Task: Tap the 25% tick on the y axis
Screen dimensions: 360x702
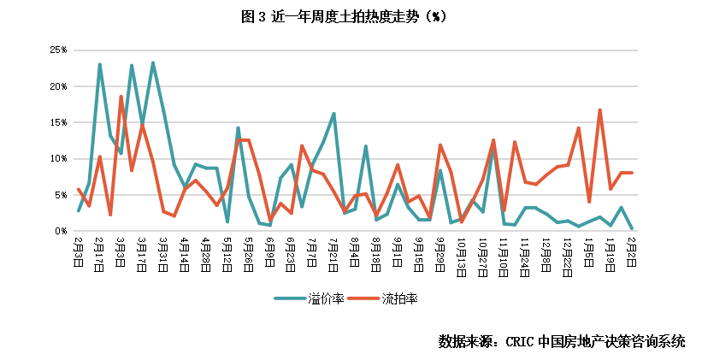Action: pos(58,50)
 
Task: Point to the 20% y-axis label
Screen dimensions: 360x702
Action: pos(58,86)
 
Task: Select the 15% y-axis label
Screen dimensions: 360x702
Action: pos(58,122)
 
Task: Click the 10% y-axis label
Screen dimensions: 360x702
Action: pos(58,158)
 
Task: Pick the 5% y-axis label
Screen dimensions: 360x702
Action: pos(60,194)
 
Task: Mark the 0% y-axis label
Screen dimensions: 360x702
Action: pos(60,230)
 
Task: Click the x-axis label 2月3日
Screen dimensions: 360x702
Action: pos(79,250)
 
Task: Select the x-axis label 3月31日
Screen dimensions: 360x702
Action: pos(163,252)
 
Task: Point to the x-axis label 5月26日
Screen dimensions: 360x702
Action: pos(249,252)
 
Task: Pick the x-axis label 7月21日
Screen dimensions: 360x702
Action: pos(334,252)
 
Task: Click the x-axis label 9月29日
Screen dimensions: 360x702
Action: pos(440,252)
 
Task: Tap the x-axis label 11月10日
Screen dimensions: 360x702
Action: pos(504,254)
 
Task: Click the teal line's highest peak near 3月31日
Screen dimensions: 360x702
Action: pos(153,62)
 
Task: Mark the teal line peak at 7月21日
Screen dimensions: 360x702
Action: pos(333,114)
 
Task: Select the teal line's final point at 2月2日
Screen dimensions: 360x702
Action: pos(632,229)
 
